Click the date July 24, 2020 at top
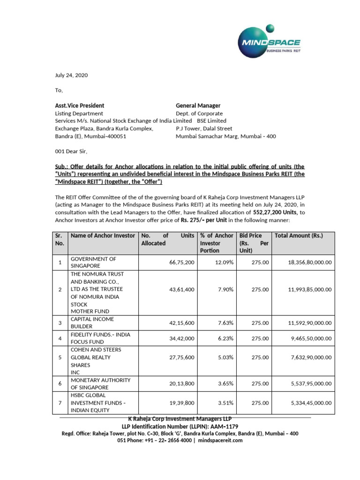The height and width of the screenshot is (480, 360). click(x=71, y=75)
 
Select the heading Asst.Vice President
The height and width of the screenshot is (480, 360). click(x=80, y=105)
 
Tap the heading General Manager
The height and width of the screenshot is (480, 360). click(x=198, y=105)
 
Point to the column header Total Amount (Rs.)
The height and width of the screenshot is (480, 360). click(x=299, y=236)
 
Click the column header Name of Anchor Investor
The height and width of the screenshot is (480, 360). click(x=103, y=236)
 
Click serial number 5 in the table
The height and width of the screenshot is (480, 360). click(x=60, y=358)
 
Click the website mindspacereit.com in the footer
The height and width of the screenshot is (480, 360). click(x=221, y=441)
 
